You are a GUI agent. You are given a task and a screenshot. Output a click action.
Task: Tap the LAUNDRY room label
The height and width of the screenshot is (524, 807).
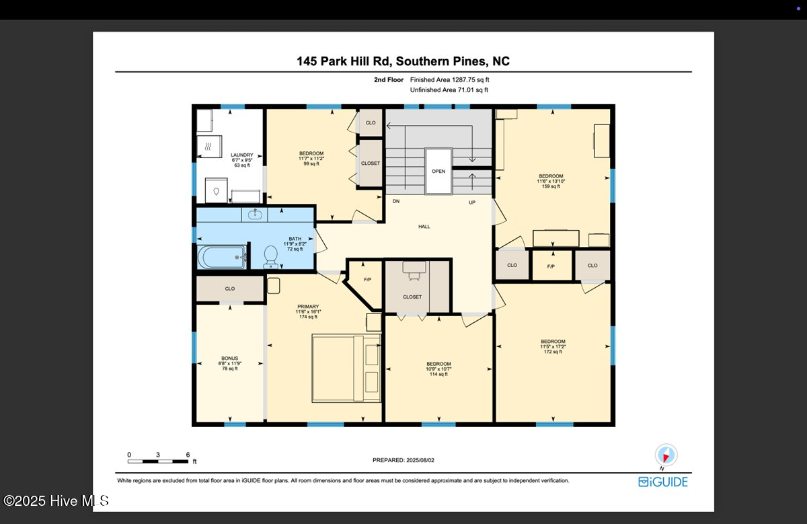point(241,159)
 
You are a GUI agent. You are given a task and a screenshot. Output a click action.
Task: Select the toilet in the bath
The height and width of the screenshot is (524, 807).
point(271,256)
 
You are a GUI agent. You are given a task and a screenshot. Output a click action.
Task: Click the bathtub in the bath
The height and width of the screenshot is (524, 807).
point(221,256)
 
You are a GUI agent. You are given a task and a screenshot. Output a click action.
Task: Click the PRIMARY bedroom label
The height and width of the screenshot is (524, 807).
point(308,311)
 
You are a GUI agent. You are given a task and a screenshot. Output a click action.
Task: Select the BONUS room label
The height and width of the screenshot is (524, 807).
point(229,363)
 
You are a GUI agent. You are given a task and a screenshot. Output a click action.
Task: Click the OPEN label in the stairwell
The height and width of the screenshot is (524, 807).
point(438,171)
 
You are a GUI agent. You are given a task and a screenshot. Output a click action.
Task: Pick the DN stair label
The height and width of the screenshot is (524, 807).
point(397,202)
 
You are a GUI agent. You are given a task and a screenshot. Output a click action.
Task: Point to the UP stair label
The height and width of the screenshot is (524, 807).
point(472,202)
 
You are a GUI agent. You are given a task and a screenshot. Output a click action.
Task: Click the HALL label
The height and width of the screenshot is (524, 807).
point(424,227)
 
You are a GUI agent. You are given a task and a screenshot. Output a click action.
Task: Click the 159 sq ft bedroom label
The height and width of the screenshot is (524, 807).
point(550,181)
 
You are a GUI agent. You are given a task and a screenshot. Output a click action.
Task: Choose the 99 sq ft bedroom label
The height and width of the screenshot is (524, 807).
point(311,159)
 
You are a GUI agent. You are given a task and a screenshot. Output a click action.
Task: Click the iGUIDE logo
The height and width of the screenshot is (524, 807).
point(663,482)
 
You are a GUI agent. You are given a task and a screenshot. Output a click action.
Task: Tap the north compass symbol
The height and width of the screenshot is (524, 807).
point(666,455)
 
